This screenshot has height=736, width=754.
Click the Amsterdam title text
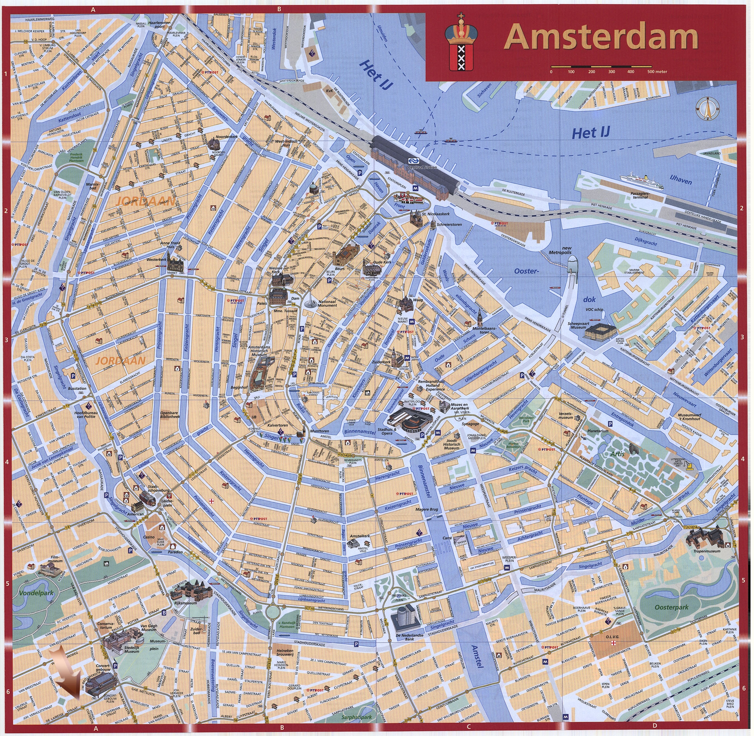601,37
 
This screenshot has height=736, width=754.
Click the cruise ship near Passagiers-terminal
642,182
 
